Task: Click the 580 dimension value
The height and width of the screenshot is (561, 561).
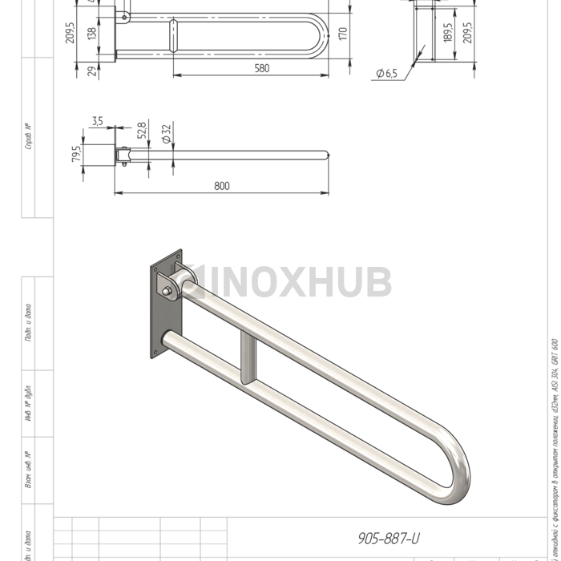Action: pyautogui.click(x=261, y=69)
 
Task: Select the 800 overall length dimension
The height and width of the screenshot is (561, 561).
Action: pyautogui.click(x=222, y=186)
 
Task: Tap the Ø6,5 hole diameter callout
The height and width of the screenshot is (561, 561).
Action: pyautogui.click(x=385, y=74)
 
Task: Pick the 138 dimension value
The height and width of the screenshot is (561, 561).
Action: pyautogui.click(x=92, y=34)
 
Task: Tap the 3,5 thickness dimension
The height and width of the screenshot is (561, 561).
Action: pyautogui.click(x=98, y=121)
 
